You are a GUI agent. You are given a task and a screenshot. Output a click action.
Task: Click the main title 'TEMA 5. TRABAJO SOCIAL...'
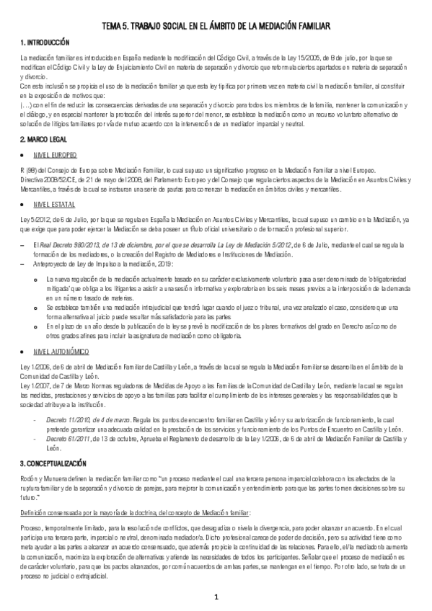[x=216, y=27]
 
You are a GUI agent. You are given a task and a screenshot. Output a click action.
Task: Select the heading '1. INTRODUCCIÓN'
[x=45, y=43]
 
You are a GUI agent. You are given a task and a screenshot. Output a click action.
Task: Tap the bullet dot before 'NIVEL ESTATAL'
[x=25, y=205]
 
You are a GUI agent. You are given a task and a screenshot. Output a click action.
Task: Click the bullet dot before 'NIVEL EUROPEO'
[x=25, y=155]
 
